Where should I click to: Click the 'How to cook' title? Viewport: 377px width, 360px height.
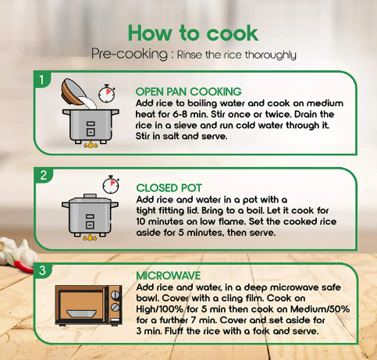point(193,33)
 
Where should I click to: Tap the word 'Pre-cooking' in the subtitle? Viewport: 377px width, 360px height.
point(130,54)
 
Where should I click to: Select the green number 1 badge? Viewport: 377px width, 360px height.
point(42,80)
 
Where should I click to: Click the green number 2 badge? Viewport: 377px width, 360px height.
point(43,175)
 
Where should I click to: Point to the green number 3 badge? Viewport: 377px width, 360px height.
point(42,270)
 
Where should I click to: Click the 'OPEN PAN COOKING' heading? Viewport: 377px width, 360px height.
point(188,91)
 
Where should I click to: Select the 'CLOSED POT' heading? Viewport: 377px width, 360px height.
point(169,188)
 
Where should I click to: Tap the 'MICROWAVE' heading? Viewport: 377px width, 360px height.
point(169,276)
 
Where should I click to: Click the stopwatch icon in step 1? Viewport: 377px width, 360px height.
point(107,94)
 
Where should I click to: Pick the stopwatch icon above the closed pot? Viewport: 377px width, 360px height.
point(111,184)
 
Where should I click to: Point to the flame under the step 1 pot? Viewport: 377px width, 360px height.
point(91,144)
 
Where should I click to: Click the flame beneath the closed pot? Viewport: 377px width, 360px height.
point(90,237)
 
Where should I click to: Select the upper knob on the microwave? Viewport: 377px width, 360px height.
point(116,294)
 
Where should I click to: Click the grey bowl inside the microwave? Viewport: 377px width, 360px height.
point(81,313)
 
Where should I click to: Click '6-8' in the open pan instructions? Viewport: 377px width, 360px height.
point(180,114)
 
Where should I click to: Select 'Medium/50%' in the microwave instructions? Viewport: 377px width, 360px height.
point(320,309)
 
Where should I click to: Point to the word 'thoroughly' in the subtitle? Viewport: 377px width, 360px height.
point(271,55)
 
